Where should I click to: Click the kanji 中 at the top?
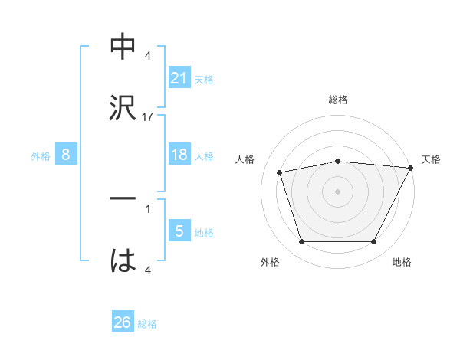(x=123, y=47)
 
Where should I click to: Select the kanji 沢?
(x=123, y=106)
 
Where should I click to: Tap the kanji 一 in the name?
(x=123, y=198)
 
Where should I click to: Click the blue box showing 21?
(x=179, y=78)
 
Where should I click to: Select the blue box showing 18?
(x=179, y=155)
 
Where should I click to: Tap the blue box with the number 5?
(x=179, y=231)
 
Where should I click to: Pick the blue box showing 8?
(x=66, y=155)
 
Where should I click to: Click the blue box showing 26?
(x=123, y=322)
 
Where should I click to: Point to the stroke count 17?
(x=148, y=117)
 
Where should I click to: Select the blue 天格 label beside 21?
(x=204, y=79)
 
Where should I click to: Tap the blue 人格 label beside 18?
(x=204, y=155)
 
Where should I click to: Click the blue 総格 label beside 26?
(x=148, y=323)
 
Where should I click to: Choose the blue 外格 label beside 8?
(x=41, y=155)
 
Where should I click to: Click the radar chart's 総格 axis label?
(x=337, y=100)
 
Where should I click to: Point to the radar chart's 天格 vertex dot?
(x=412, y=168)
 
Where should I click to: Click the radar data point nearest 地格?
(x=373, y=242)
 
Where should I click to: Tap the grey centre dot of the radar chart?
(x=337, y=191)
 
